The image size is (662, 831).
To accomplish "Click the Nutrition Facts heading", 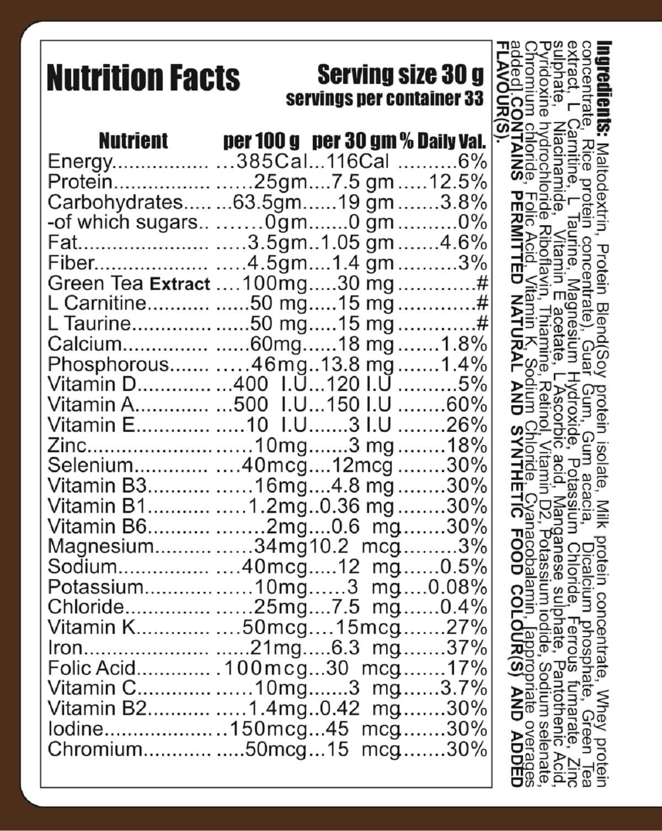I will (143, 77).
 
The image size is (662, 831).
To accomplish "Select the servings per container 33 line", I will (385, 99).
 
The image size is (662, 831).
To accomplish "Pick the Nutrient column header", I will (133, 141).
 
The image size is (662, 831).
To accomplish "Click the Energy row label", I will (79, 162).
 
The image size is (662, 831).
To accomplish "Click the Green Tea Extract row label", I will (129, 284).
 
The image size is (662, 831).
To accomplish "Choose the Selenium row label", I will (90, 466).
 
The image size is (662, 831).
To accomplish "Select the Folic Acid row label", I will (92, 669).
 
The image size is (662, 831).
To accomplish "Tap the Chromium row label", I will (95, 750).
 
